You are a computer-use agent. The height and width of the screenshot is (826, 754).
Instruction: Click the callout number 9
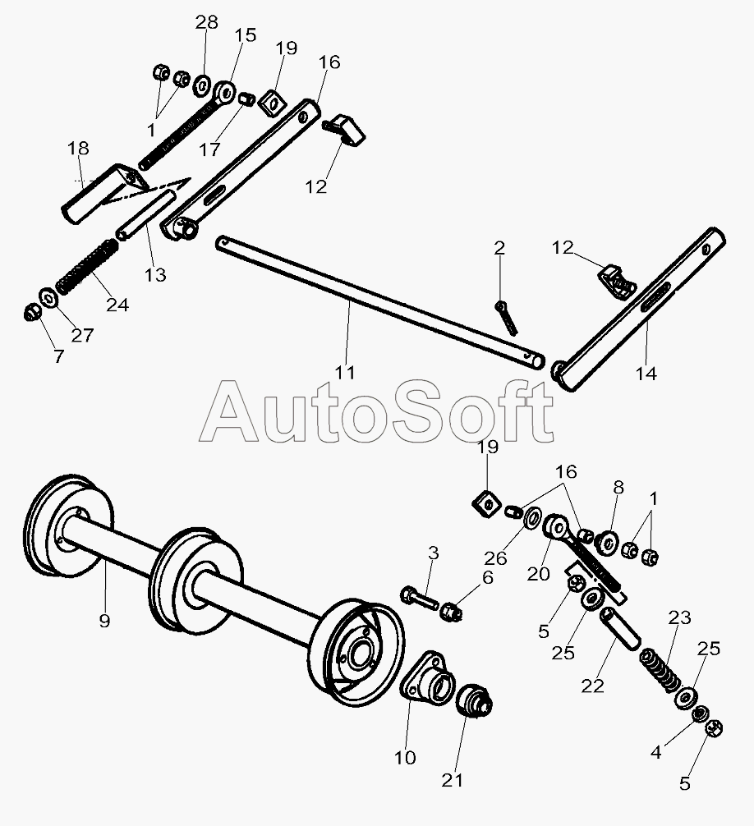pos(104,622)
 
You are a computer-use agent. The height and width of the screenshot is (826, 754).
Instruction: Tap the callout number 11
pos(345,372)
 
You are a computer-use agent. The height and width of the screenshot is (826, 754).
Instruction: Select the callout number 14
pos(646,374)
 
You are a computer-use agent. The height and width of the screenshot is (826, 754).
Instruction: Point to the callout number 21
pos(453,780)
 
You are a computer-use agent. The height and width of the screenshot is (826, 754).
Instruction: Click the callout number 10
pos(405,757)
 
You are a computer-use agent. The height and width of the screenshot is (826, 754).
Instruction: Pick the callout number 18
pos(78,149)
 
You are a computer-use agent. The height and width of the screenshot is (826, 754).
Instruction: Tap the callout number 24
pos(117,305)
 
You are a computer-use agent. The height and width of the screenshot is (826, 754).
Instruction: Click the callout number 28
pos(206,22)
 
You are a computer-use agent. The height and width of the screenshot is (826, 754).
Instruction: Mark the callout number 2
pos(499,247)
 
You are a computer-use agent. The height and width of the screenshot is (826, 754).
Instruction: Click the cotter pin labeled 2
pos(506,317)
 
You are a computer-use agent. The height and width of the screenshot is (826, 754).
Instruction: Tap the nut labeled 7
pos(30,312)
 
